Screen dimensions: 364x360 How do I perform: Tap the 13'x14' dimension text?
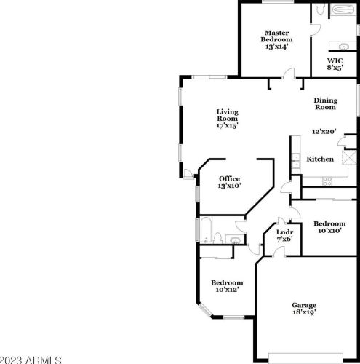(276, 46)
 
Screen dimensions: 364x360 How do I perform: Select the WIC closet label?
(335, 60)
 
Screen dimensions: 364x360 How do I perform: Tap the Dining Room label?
(325, 103)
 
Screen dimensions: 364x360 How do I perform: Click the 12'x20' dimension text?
(324, 132)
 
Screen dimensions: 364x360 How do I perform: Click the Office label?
(230, 178)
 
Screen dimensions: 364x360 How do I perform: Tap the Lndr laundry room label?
(284, 233)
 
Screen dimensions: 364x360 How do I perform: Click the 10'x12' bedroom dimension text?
(227, 290)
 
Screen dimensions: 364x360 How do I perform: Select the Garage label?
(304, 305)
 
